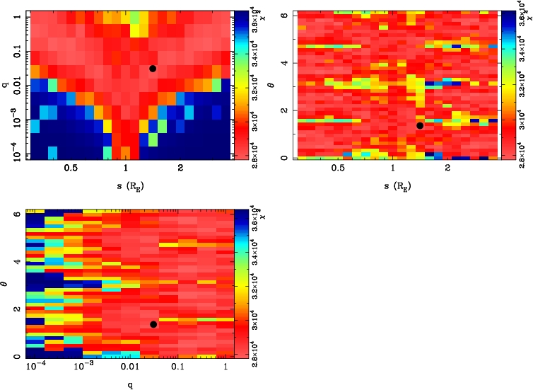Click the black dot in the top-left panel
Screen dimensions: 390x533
click(153, 69)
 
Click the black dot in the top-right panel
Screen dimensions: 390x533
click(419, 125)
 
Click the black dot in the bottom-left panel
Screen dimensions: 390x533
click(153, 324)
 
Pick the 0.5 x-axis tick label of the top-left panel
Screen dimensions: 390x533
click(71, 170)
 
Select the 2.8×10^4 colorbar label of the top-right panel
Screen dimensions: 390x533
click(522, 149)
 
